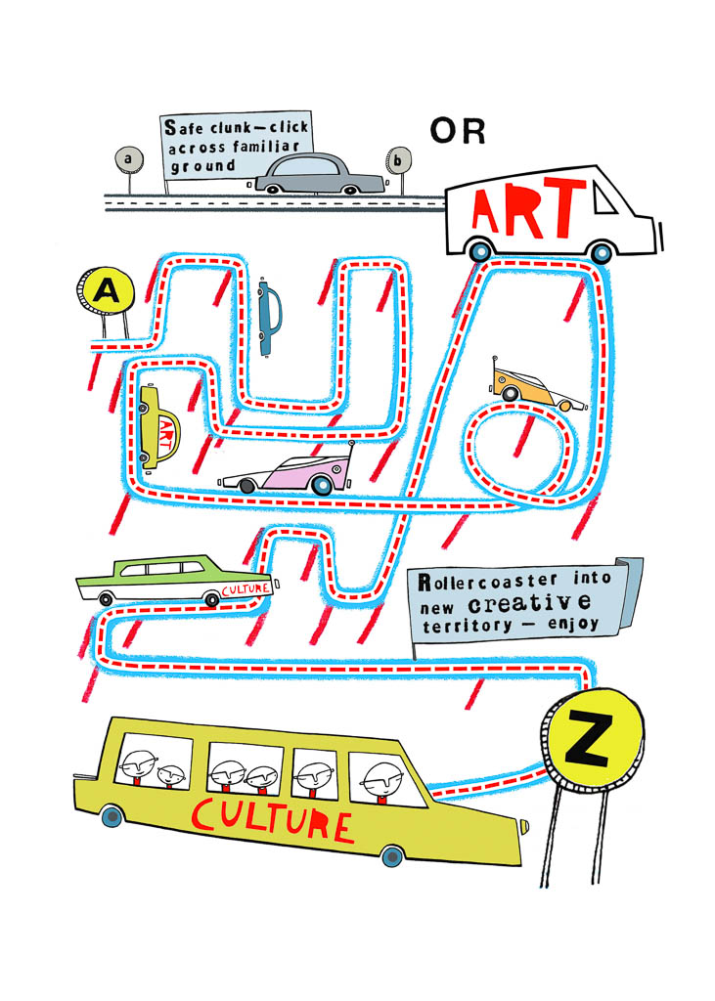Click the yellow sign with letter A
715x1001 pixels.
pos(106,291)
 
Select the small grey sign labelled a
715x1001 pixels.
pos(128,158)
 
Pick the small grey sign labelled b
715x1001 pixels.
pos(397,160)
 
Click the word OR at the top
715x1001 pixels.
pos(458,131)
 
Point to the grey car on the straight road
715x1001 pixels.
pos(320,174)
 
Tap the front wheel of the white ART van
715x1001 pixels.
pos(602,253)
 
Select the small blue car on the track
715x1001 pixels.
pos(269,317)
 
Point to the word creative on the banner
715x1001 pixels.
pos(529,602)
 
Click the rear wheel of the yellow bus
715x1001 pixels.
pos(112,815)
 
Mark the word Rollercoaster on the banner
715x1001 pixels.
pos(487,582)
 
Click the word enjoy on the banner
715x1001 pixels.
pos(572,624)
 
